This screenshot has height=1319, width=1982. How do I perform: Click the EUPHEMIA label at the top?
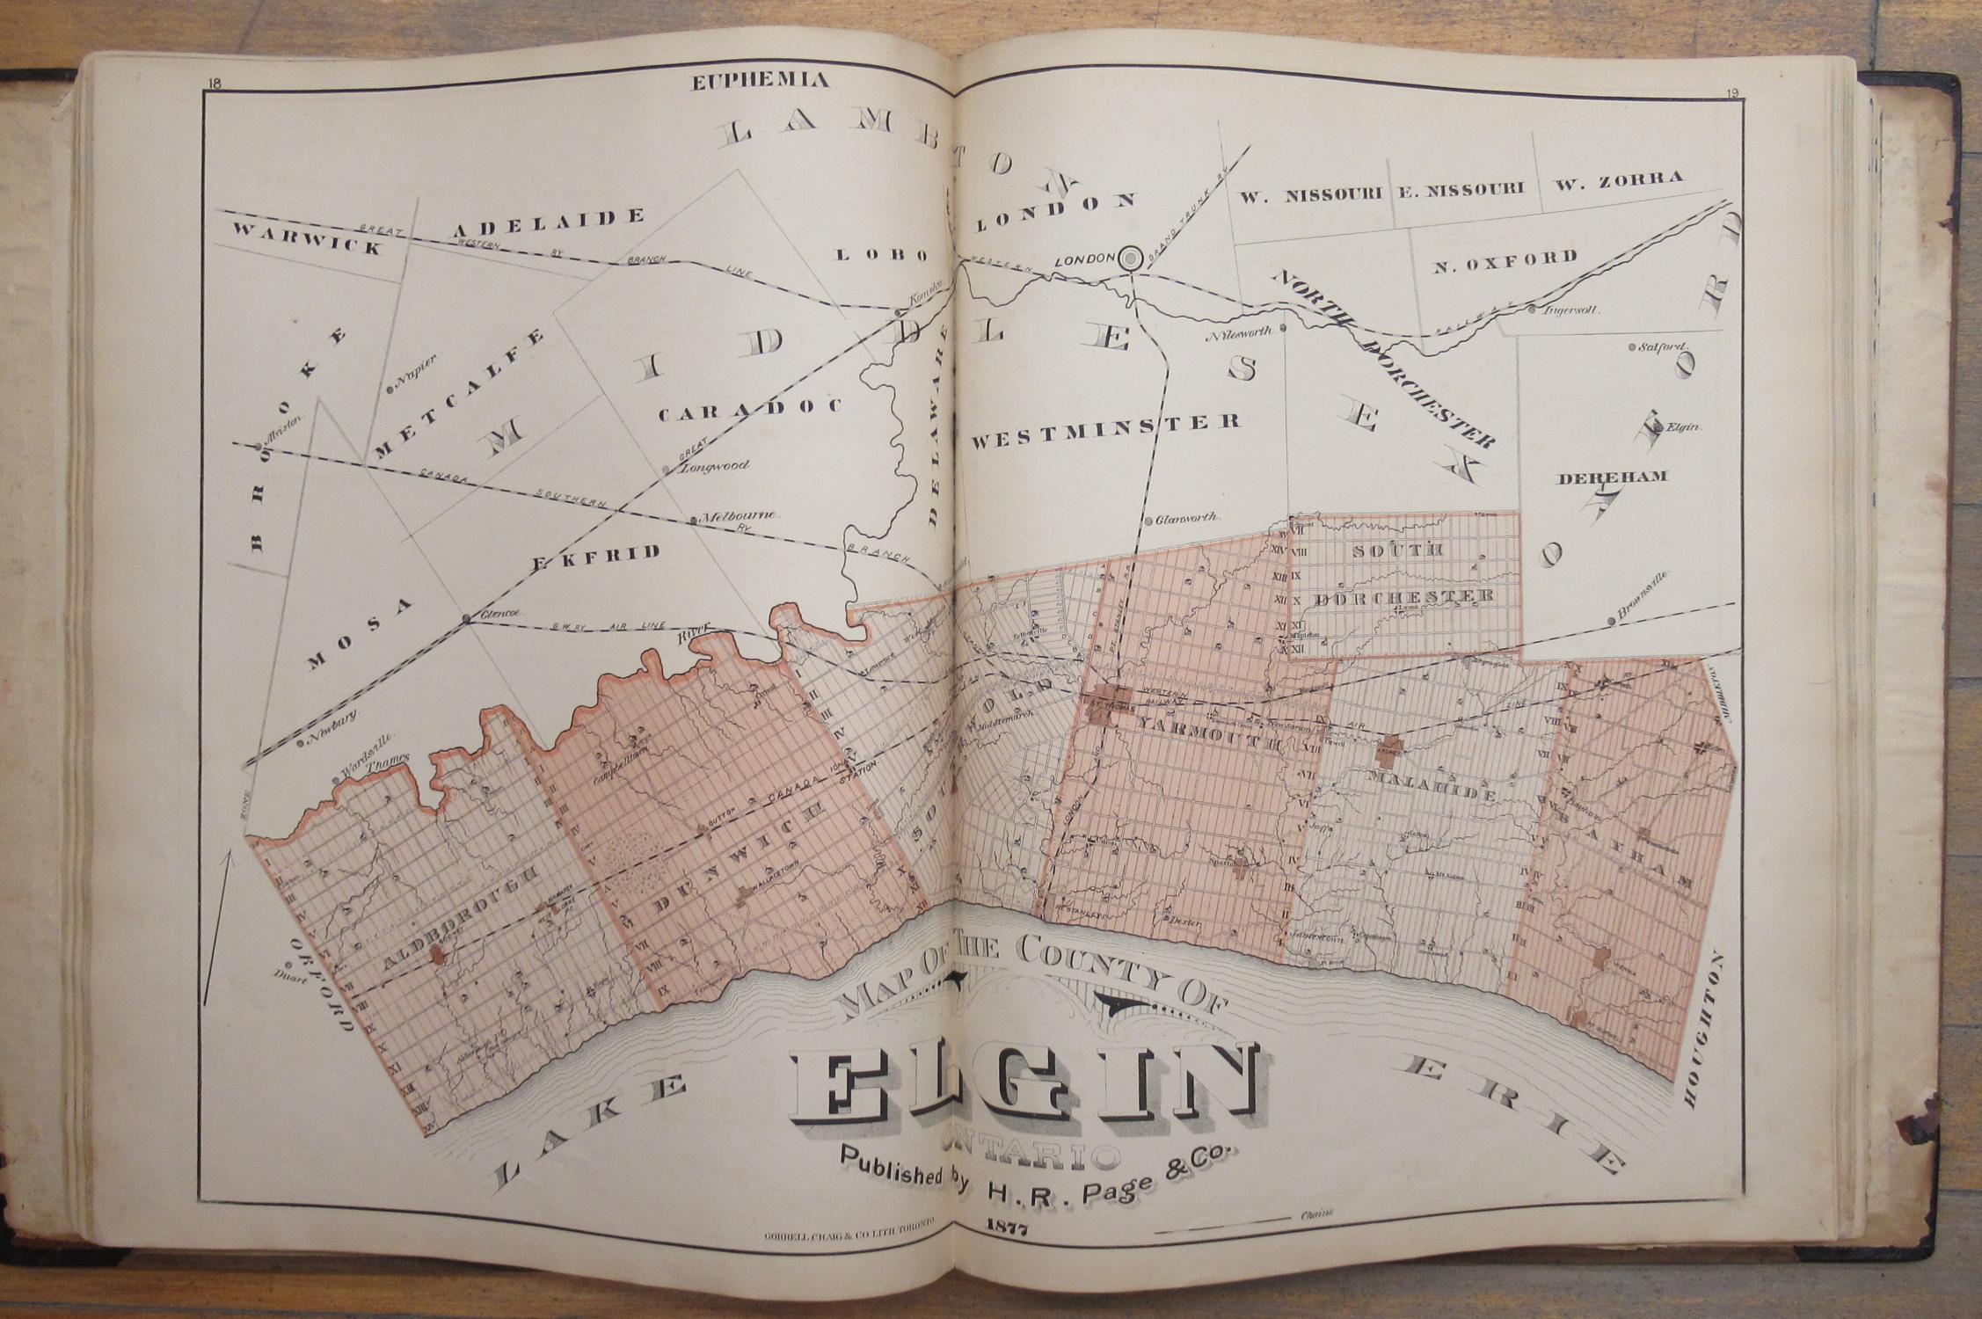tap(760, 82)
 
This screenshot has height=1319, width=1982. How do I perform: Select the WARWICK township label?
tap(308, 237)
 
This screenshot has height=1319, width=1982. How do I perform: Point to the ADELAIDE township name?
tap(549, 222)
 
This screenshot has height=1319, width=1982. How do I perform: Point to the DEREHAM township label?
tap(1613, 477)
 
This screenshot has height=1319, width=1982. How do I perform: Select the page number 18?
tap(215, 84)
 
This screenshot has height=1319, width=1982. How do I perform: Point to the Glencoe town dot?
tap(466, 620)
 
